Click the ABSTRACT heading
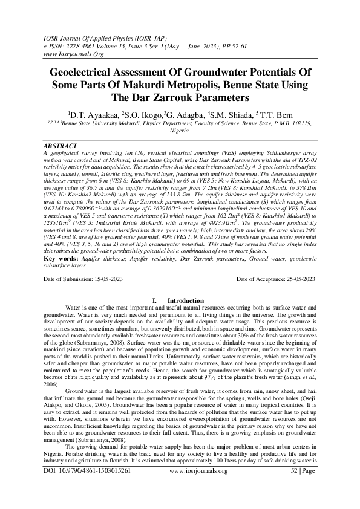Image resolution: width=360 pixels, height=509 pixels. click(61, 146)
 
